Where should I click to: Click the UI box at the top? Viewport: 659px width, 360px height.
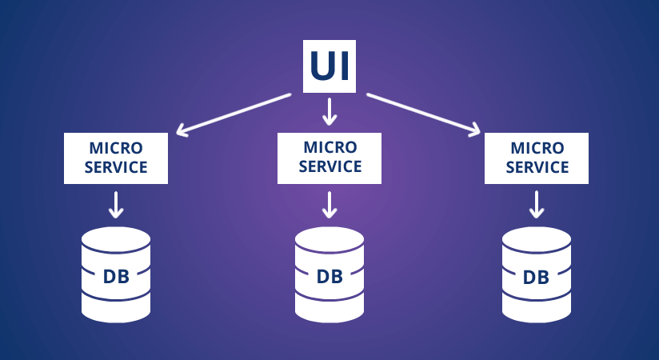pos(329,66)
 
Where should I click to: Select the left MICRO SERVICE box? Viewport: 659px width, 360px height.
pos(116,158)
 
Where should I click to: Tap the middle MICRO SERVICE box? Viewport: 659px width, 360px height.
pos(329,157)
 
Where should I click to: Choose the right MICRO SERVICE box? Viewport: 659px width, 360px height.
pos(537,158)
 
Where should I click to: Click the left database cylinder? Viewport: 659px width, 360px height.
pos(116,274)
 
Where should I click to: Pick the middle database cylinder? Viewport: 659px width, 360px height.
pos(329,274)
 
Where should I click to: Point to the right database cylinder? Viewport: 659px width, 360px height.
pos(536,274)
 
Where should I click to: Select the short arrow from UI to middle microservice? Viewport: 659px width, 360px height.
pos(329,111)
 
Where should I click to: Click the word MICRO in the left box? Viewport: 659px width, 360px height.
pos(116,149)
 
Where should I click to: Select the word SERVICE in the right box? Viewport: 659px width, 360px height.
pos(537,167)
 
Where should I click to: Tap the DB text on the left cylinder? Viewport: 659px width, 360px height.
pos(116,277)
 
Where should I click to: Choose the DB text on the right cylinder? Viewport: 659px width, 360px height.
pos(536,278)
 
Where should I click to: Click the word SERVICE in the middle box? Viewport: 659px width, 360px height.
pos(329,166)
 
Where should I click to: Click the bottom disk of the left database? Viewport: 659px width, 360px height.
pos(116,308)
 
